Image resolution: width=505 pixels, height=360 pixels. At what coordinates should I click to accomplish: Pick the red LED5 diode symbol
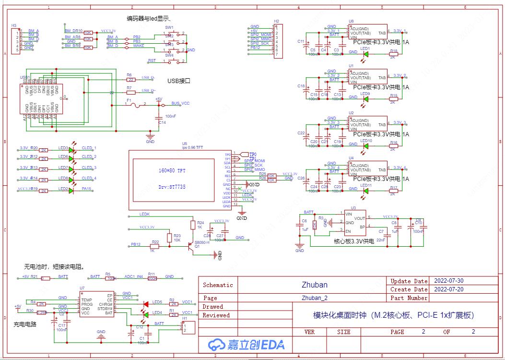click(x=145, y=304)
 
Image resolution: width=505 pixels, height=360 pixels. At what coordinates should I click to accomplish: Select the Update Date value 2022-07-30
click(x=448, y=281)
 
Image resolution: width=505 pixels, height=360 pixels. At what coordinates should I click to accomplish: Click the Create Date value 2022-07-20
click(x=448, y=289)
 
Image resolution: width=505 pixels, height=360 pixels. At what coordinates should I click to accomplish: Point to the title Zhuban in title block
click(x=314, y=285)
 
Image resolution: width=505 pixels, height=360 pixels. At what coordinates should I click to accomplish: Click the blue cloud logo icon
click(x=216, y=344)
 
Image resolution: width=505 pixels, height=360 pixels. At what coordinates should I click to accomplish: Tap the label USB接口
click(x=179, y=81)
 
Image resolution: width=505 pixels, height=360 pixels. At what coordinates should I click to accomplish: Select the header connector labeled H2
click(x=276, y=42)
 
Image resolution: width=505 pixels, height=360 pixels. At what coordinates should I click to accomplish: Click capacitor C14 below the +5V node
click(x=159, y=118)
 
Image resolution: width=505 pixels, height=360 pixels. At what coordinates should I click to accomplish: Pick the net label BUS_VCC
click(x=180, y=103)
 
